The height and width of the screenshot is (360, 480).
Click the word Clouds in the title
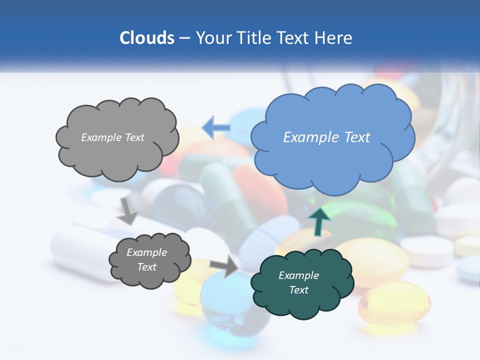point(146,38)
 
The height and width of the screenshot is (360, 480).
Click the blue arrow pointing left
point(216,128)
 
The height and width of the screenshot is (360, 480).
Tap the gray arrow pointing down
point(127,210)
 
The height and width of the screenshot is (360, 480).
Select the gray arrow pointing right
point(224,266)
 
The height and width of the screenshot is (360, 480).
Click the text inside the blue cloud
point(326,137)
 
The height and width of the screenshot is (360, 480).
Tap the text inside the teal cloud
point(298,282)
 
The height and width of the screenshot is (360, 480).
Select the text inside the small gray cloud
point(146,260)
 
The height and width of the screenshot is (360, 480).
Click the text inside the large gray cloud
point(112,137)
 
